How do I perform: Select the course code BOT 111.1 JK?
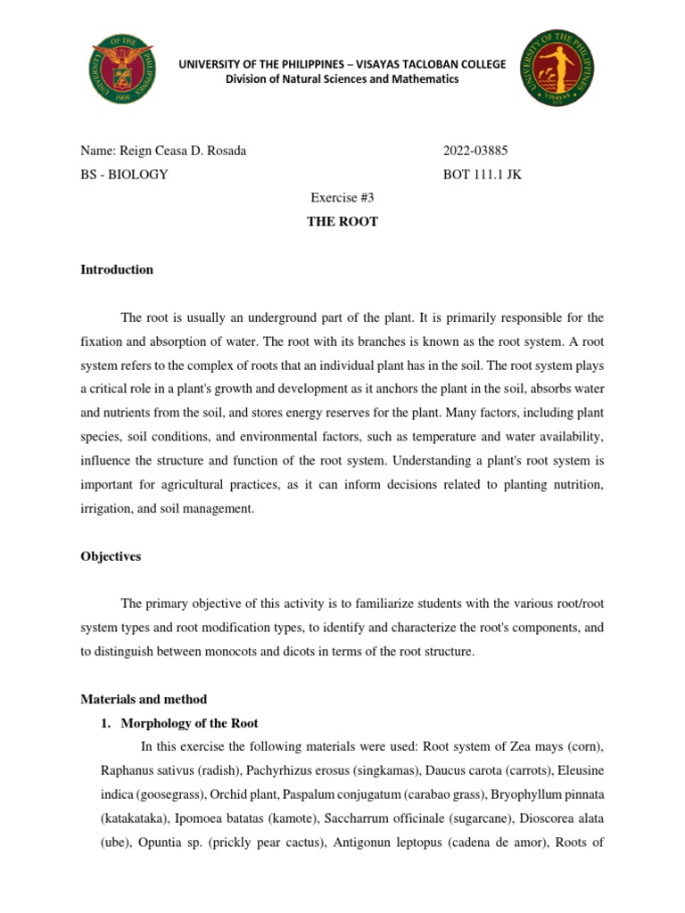483,175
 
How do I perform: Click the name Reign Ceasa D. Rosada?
163,151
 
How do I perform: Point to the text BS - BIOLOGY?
124,175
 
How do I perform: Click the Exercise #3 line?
342,198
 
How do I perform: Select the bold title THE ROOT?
342,221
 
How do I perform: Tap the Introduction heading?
117,269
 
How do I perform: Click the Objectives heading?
111,556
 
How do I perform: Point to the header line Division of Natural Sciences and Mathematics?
342,79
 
